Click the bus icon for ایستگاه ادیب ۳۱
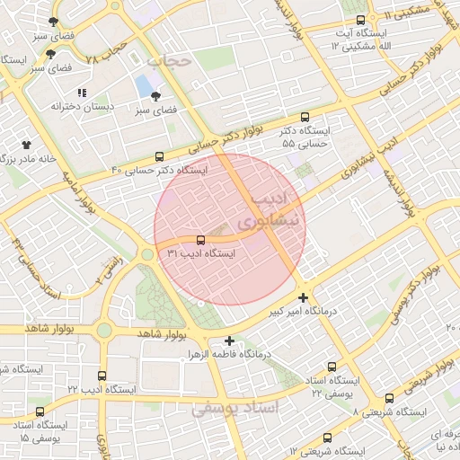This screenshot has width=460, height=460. coord(199,240)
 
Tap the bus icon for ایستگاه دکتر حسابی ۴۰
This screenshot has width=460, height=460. coord(160,155)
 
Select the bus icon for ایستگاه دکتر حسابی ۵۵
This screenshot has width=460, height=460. coord(305,117)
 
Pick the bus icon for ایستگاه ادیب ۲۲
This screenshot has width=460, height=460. coord(102,376)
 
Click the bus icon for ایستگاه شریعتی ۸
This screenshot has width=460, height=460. coord(389,398)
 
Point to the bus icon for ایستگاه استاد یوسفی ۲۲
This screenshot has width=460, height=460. coord(332,367)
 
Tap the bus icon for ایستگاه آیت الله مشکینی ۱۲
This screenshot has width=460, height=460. coord(361,20)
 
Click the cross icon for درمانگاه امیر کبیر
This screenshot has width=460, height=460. coord(304,297)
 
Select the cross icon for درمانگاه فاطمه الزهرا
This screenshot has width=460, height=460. coord(230,341)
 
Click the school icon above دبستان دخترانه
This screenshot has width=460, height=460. coord(82,93)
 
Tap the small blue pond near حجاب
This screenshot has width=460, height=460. coord(144,85)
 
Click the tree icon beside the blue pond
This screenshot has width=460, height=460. coord(156,96)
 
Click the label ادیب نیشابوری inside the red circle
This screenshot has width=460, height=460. coord(275,208)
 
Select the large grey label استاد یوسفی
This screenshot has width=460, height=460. coord(235,408)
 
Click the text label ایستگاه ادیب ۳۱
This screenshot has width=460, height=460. coord(201,254)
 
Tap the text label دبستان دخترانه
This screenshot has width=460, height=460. coord(60,107)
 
